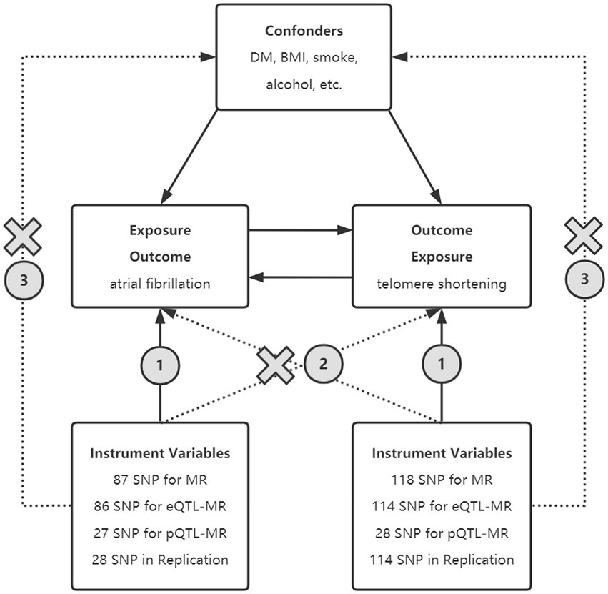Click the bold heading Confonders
click(x=304, y=31)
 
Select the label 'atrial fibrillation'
click(x=160, y=284)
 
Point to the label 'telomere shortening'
click(x=442, y=284)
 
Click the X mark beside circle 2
click(x=276, y=365)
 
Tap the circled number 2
click(x=323, y=364)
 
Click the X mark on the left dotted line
click(x=23, y=236)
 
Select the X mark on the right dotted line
click(x=584, y=236)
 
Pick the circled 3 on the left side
click(x=23, y=279)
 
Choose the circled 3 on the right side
click(x=584, y=279)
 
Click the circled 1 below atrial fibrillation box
click(x=160, y=364)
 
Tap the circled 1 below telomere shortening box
click(x=441, y=364)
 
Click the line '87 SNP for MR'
click(x=160, y=480)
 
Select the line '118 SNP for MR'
click(x=442, y=480)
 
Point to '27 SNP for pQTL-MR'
click(x=160, y=533)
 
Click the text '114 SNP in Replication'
click(x=442, y=560)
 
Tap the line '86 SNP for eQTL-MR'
click(x=160, y=507)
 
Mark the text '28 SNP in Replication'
click(x=160, y=560)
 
